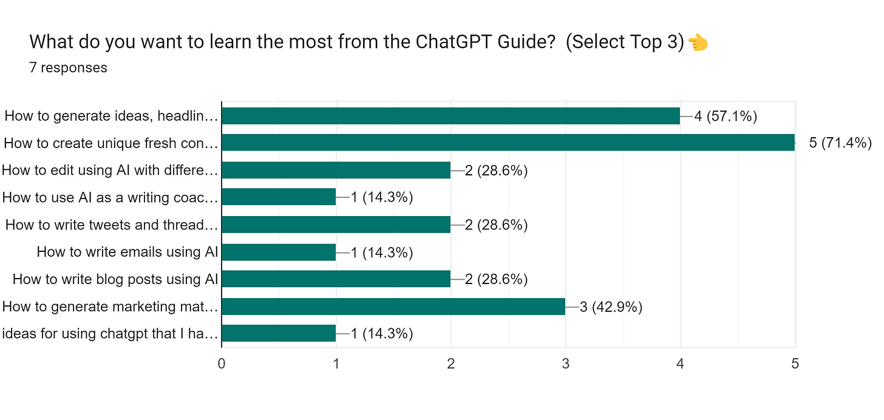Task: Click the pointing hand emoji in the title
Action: pyautogui.click(x=699, y=42)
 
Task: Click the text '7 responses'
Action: pyautogui.click(x=68, y=67)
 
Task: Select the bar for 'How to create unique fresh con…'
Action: pyautogui.click(x=508, y=143)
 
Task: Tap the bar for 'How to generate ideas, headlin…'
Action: pyautogui.click(x=450, y=116)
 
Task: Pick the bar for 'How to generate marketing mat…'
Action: pyautogui.click(x=393, y=307)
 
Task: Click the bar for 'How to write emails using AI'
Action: pyautogui.click(x=279, y=252)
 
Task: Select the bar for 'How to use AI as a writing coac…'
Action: pyautogui.click(x=279, y=197)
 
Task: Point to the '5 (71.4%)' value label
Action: pyautogui.click(x=840, y=143)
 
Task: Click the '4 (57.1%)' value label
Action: pyautogui.click(x=726, y=116)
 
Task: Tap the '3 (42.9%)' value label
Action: pyautogui.click(x=611, y=307)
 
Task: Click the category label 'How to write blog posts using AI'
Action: pyautogui.click(x=115, y=279)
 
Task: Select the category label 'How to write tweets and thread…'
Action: pyautogui.click(x=112, y=225)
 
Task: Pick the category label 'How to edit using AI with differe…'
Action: pyautogui.click(x=110, y=171)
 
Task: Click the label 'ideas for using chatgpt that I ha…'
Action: pyautogui.click(x=110, y=334)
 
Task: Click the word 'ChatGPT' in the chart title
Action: pyautogui.click(x=441, y=42)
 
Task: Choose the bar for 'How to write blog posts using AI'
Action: pyautogui.click(x=336, y=279)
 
